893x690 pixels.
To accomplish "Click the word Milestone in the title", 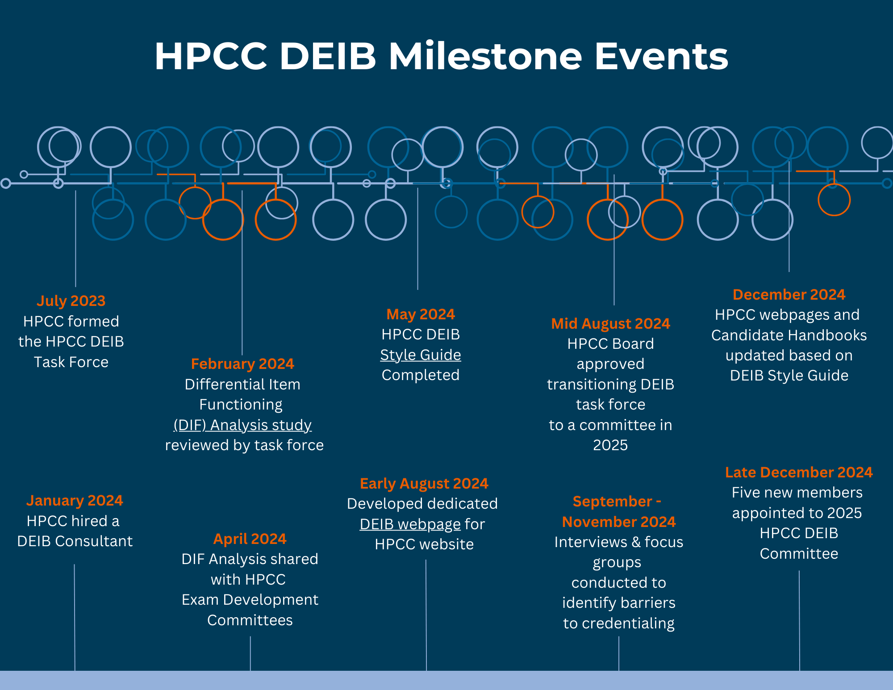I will [485, 56].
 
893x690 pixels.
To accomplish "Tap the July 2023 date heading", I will [71, 301].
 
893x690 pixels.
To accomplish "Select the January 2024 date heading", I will [75, 500].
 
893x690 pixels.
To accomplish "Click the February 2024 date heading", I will [242, 364].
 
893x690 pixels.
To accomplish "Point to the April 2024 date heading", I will [250, 539].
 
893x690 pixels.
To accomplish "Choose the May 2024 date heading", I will [420, 314].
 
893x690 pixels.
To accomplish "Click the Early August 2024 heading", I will [424, 483].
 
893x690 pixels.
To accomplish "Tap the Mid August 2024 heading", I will [610, 323].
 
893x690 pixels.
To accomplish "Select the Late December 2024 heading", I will [798, 472].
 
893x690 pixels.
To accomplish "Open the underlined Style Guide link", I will [420, 355].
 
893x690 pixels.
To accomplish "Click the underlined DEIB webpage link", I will [410, 524].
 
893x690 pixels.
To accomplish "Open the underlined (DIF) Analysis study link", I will [242, 425].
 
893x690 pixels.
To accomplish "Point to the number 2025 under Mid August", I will [610, 445].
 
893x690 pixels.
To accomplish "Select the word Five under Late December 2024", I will [746, 492].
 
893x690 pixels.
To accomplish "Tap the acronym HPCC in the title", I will [211, 56].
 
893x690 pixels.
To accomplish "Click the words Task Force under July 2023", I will [71, 362].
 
